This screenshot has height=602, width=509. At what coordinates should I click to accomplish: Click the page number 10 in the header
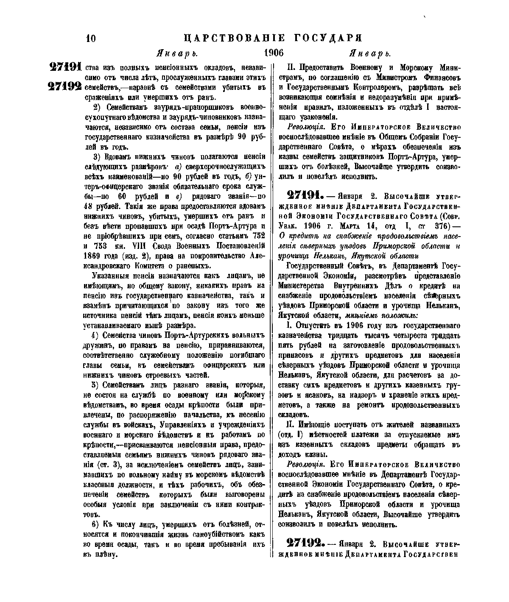coord(91,39)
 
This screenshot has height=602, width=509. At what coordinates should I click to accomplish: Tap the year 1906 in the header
coord(273,53)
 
